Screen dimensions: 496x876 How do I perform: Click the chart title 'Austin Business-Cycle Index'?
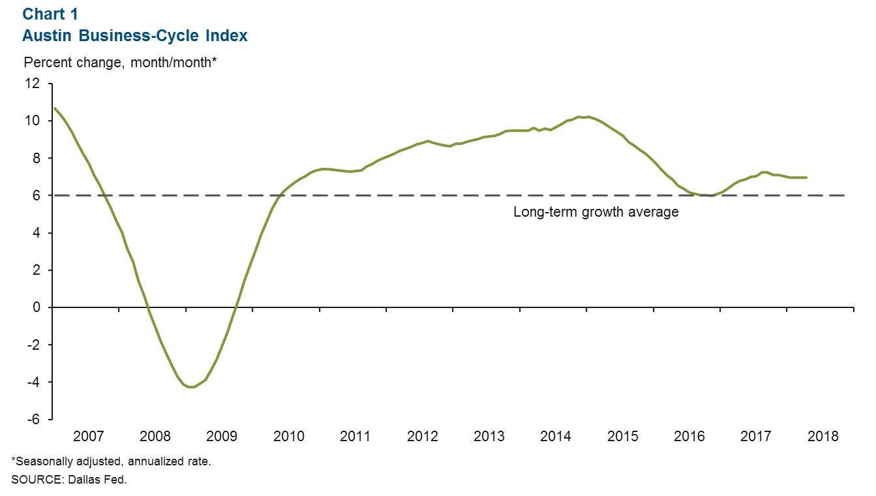click(135, 36)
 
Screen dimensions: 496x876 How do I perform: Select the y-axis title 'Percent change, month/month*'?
click(120, 63)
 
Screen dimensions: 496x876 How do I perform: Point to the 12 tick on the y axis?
click(33, 84)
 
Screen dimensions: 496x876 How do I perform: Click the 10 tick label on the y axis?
click(33, 121)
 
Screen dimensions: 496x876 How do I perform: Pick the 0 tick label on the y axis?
click(37, 307)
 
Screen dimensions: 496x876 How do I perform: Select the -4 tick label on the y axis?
click(33, 382)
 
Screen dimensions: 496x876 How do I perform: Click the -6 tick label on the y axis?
click(33, 419)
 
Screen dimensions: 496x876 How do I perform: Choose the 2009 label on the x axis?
click(221, 436)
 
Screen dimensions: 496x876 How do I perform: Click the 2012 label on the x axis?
click(422, 436)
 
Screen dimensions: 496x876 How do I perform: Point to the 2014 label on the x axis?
click(556, 436)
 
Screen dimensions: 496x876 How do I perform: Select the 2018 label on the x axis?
click(823, 436)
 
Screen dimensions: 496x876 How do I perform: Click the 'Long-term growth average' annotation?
click(596, 212)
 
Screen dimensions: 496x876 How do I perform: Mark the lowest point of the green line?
click(191, 387)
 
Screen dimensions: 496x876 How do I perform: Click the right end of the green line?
click(807, 178)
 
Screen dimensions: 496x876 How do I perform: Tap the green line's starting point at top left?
click(54, 108)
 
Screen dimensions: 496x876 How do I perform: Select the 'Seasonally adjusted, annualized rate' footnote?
click(111, 461)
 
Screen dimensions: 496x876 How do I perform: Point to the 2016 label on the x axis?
click(689, 436)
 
